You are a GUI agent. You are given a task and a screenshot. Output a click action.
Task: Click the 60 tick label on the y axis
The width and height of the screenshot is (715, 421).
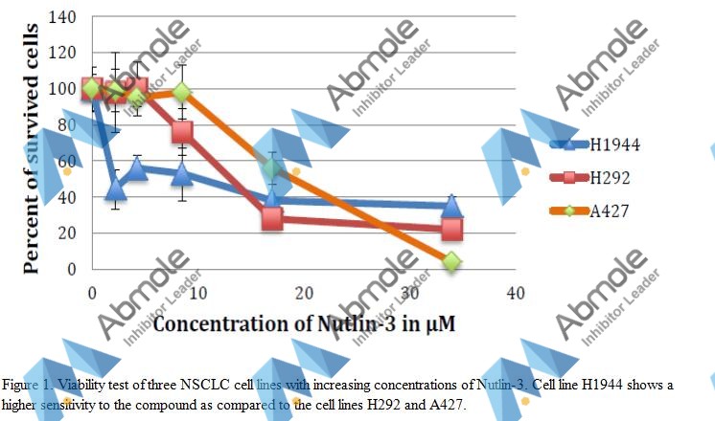coord(67,161)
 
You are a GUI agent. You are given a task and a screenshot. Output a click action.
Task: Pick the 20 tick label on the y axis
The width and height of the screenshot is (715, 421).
coord(67,233)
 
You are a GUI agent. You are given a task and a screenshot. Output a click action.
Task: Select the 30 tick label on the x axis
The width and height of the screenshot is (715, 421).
coord(410,290)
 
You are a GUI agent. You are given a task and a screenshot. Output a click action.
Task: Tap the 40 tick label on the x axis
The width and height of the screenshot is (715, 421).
coord(516,290)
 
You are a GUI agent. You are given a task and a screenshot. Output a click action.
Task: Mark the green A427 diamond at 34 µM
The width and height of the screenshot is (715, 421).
coord(451,261)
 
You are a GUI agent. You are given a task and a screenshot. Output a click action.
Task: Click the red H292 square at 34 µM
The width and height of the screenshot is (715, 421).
coord(451,230)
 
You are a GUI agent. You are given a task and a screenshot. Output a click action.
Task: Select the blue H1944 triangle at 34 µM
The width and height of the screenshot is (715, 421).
coord(451,207)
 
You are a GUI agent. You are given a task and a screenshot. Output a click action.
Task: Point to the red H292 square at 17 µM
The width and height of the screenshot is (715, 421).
coord(272,218)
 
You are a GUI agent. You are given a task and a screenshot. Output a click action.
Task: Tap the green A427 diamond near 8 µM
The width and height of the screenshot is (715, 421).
coord(182,93)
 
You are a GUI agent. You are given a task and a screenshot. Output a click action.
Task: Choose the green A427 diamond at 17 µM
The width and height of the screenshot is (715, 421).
coord(272,168)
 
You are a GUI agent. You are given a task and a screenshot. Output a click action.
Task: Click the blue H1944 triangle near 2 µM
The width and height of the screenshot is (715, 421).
coord(116,188)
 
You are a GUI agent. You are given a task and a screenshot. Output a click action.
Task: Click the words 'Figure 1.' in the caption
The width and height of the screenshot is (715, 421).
coord(25,386)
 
